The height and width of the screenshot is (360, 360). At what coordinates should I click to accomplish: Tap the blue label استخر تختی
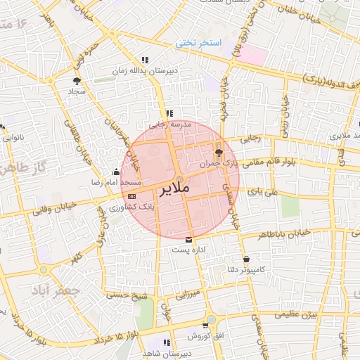(x=198, y=44)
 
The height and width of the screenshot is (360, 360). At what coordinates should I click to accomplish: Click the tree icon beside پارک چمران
(x=218, y=152)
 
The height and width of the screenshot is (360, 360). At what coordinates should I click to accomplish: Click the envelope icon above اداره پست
(x=188, y=240)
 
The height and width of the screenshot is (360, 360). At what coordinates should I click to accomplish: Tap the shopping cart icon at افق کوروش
(x=205, y=326)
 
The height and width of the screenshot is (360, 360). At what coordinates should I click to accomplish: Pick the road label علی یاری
(x=268, y=191)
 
